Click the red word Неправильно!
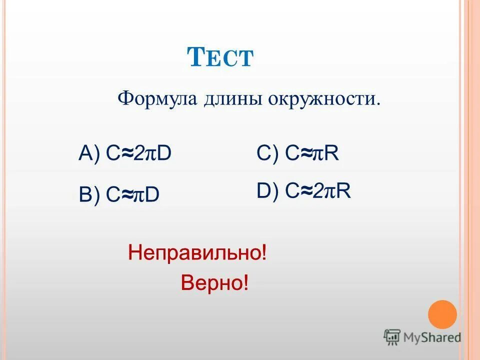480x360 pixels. pyautogui.click(x=197, y=252)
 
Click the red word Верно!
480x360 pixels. pyautogui.click(x=214, y=283)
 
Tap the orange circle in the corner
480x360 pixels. pyautogui.click(x=442, y=314)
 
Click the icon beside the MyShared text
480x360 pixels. pyautogui.click(x=392, y=337)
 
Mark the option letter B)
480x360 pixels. pyautogui.click(x=89, y=194)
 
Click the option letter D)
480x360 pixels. pyautogui.click(x=268, y=191)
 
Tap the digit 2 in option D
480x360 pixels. pyautogui.click(x=318, y=191)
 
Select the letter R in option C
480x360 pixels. pyautogui.click(x=332, y=153)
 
